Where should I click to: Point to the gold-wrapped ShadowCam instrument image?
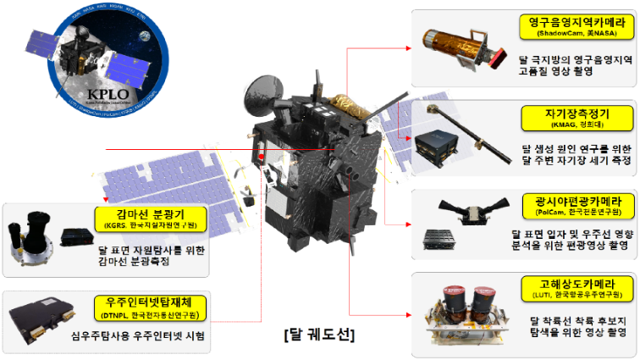point(461,40)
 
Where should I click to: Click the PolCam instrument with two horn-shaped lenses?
point(461,204)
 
